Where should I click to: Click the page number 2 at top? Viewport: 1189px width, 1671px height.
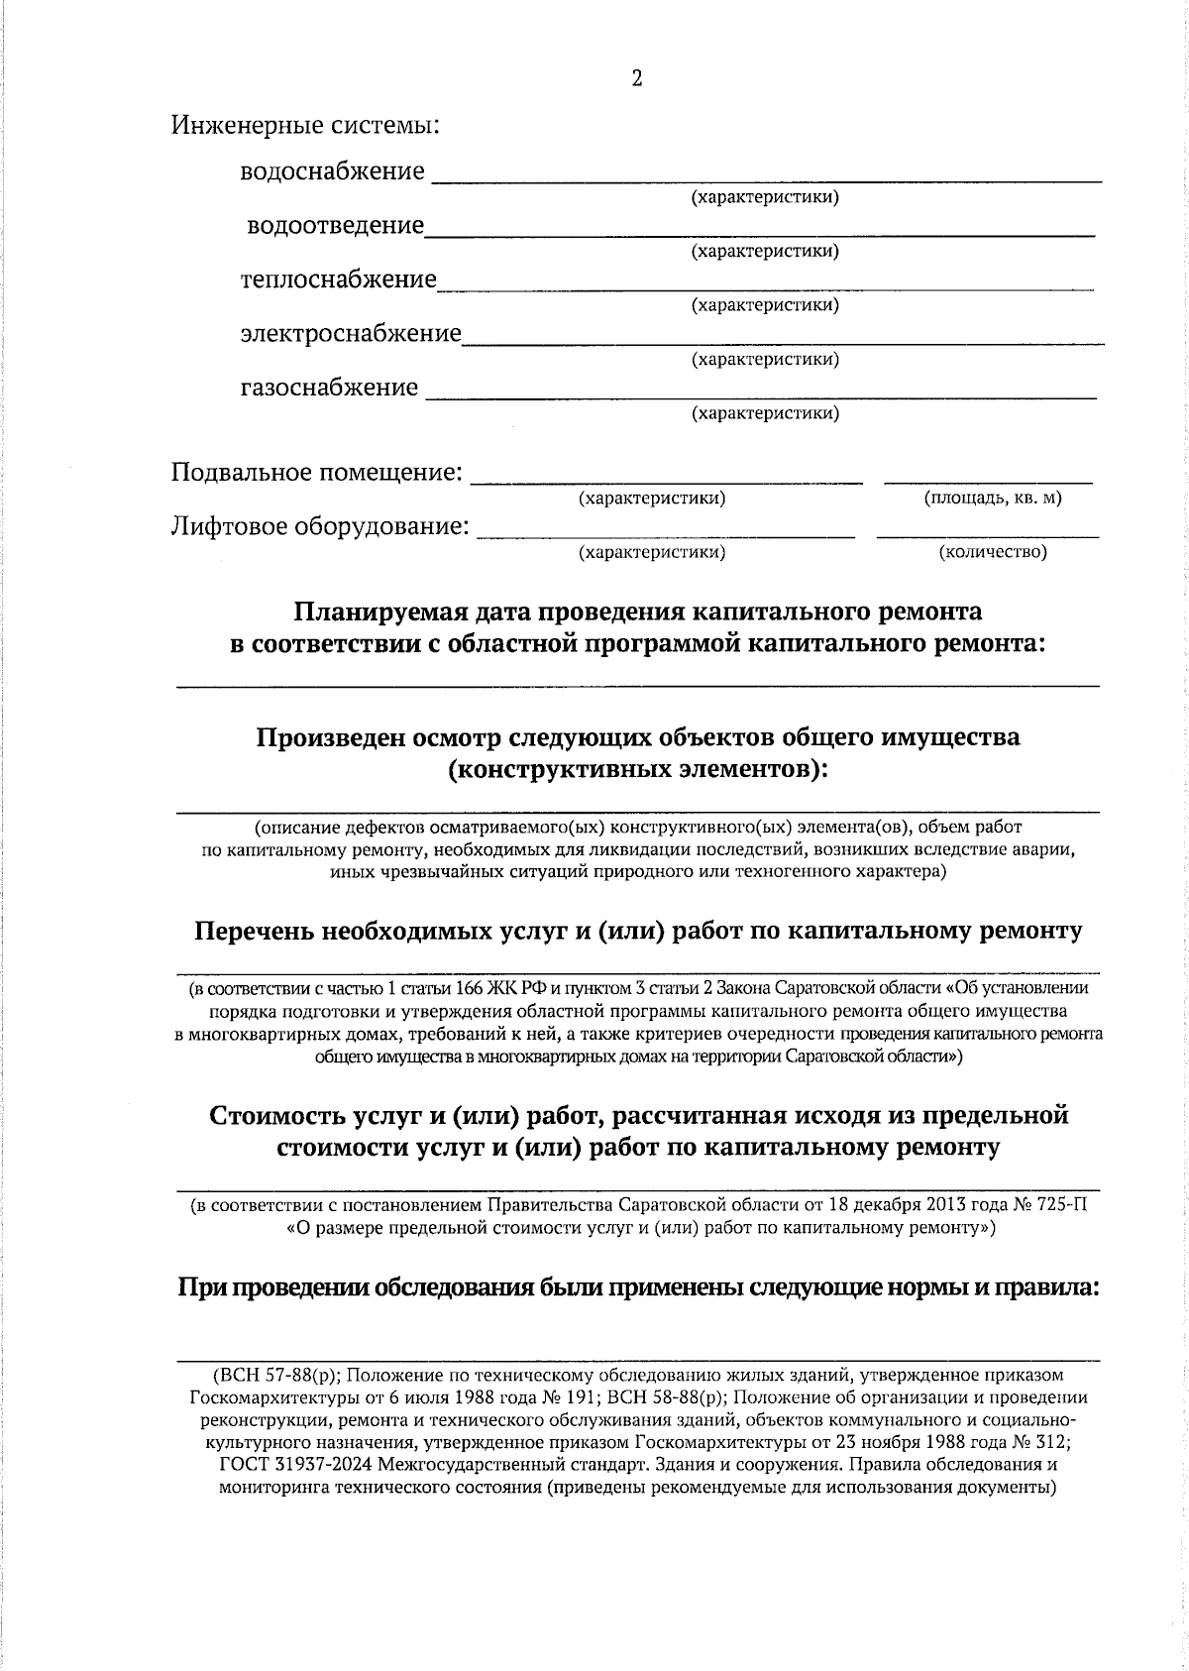636,79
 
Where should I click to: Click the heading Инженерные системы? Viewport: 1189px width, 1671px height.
305,126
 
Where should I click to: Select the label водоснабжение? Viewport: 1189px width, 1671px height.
332,171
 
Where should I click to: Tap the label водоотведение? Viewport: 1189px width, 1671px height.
335,226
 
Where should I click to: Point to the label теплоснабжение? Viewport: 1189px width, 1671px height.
338,279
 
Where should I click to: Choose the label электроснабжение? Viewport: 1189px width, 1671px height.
351,333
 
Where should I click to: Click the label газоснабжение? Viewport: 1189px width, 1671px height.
329,387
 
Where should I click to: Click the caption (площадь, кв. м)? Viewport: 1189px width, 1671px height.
992,499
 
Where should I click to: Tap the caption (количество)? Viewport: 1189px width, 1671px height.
992,552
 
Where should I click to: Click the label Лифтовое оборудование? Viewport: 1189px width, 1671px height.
320,525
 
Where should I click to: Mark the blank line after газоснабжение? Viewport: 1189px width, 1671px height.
760,396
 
